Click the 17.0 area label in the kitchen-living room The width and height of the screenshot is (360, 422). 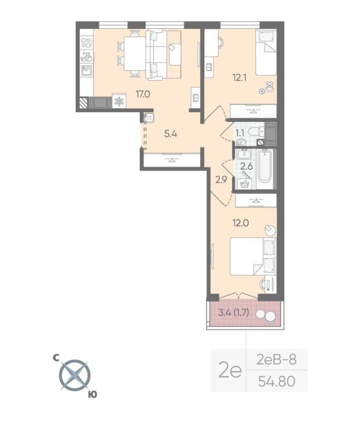(x=143, y=94)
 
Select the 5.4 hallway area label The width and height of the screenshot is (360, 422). (x=170, y=133)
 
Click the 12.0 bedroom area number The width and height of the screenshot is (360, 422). (x=241, y=222)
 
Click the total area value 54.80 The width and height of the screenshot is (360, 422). (x=276, y=380)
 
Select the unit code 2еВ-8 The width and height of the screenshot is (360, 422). (x=276, y=360)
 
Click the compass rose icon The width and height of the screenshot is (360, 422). (x=74, y=375)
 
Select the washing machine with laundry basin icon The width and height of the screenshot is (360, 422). (x=244, y=183)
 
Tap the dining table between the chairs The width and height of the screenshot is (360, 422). (x=133, y=53)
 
